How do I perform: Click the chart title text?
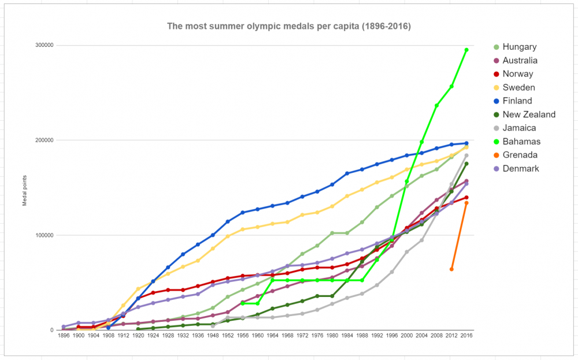[289, 26]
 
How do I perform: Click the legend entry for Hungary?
[520, 47]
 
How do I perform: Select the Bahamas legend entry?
[522, 142]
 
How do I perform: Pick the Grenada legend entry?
[520, 155]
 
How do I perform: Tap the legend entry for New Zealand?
[529, 114]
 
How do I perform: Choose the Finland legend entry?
[517, 101]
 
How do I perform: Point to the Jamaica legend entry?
[520, 128]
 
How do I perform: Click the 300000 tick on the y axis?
[44, 45]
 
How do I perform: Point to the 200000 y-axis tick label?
[44, 140]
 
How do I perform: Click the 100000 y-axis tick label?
[44, 235]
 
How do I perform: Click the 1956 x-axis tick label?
[242, 336]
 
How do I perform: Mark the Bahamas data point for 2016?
[466, 50]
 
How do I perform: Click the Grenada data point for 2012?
[452, 269]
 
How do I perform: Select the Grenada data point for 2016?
[466, 203]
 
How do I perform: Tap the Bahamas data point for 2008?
[437, 106]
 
